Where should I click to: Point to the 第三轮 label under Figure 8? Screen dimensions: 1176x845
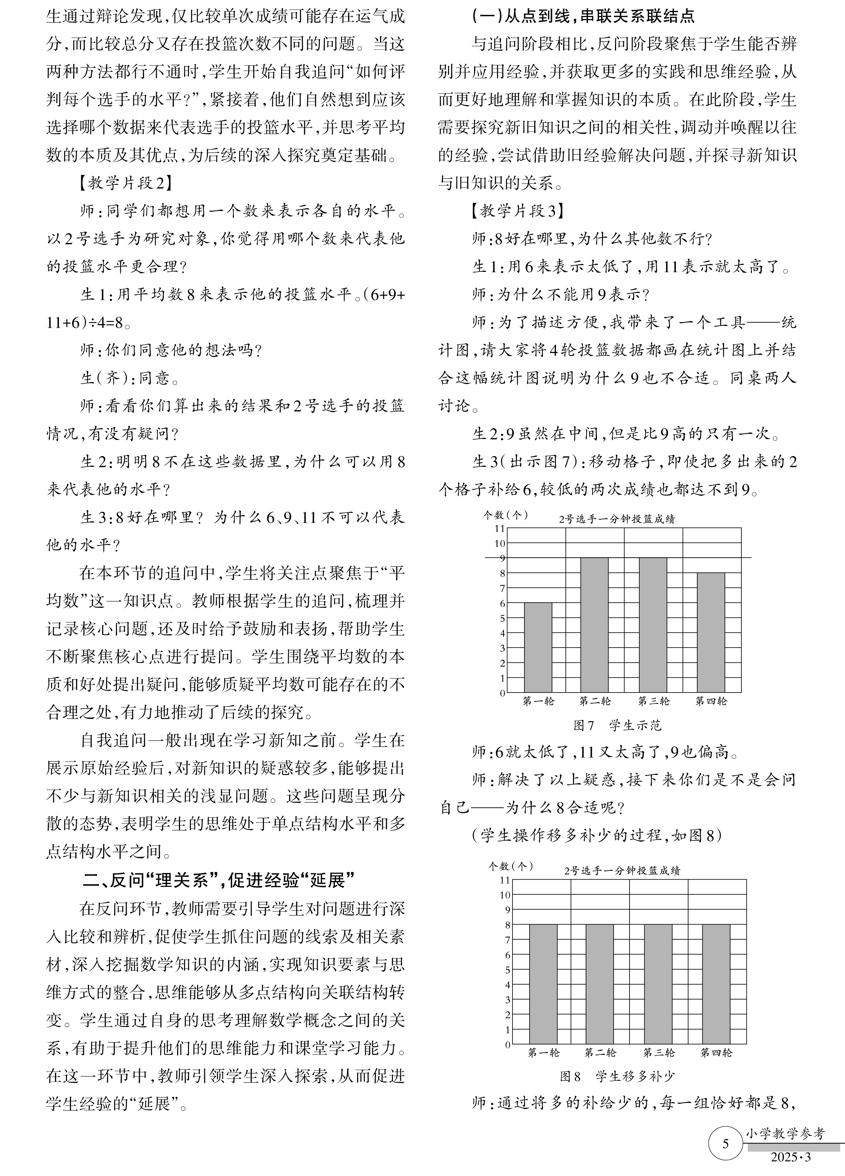[659, 1053]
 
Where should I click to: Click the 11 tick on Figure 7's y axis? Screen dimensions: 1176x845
[499, 528]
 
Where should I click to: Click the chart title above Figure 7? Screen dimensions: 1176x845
[616, 519]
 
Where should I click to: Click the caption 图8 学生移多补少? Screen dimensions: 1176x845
[617, 1076]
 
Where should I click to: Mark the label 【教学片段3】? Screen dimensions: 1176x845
[516, 211]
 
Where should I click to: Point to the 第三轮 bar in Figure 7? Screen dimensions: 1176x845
[653, 625]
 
